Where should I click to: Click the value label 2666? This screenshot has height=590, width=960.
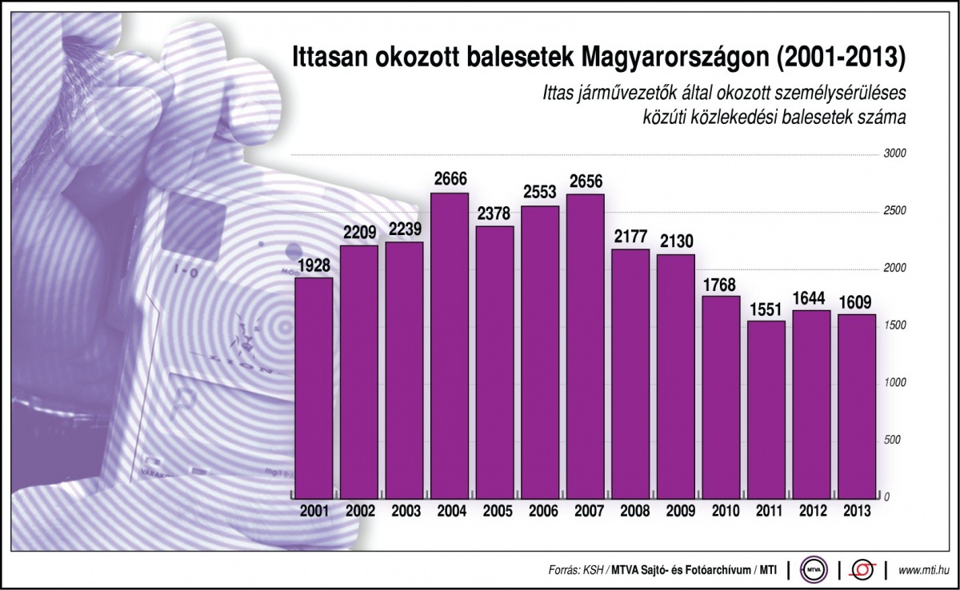coord(450,179)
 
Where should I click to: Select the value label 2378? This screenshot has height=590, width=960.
coord(495,213)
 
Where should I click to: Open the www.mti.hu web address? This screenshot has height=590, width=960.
coord(925,570)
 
